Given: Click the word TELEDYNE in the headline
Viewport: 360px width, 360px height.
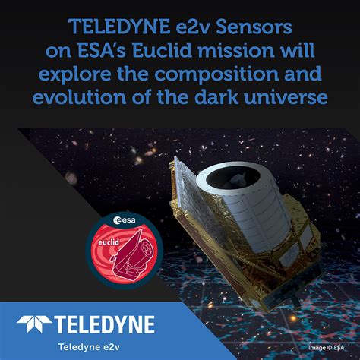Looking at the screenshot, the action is tap(119, 27).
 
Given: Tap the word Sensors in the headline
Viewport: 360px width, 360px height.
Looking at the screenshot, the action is tap(254, 27).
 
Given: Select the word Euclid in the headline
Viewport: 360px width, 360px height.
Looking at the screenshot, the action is tap(162, 50).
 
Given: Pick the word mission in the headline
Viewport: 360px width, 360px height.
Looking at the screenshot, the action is tap(236, 50).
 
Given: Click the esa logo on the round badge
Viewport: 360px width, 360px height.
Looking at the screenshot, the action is tap(125, 220).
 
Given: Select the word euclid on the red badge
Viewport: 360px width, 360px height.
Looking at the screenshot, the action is tap(109, 242).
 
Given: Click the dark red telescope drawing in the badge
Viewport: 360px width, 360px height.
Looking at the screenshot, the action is tap(133, 256).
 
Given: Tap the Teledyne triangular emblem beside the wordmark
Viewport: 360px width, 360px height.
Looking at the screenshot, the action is tap(34, 324).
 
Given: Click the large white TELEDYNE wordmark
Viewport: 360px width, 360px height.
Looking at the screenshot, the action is tap(105, 324).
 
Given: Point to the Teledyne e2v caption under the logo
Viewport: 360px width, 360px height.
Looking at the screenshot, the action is tap(89, 346).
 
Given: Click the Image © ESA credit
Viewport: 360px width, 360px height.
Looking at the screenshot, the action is tap(327, 348).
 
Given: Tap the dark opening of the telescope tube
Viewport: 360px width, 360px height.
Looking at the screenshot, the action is tap(233, 177).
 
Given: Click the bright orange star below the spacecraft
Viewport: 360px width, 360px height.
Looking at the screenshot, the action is tap(293, 317).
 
